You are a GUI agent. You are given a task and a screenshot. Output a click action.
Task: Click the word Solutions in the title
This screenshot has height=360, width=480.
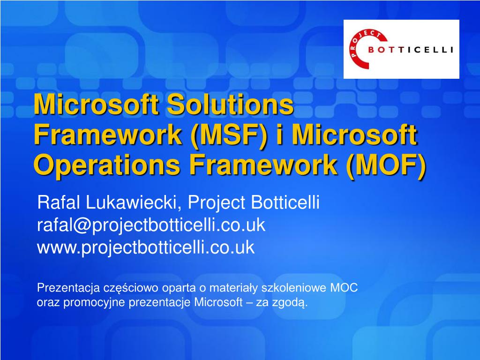230,105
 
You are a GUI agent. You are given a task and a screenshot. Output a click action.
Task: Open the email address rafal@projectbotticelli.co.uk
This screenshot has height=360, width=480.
151,225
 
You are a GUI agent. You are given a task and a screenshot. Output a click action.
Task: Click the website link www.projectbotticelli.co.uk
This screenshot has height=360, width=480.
145,247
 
